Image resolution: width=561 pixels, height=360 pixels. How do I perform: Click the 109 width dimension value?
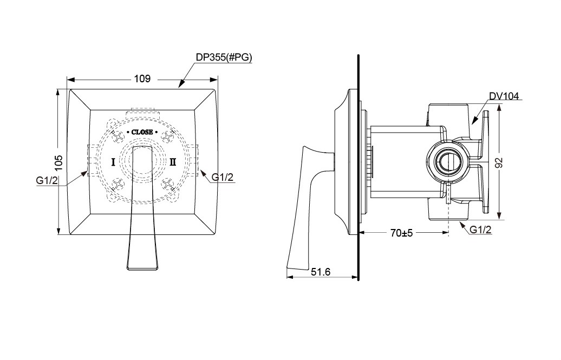142,78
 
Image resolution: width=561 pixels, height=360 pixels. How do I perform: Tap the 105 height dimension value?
60,162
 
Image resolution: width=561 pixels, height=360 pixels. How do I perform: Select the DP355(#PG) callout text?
224,57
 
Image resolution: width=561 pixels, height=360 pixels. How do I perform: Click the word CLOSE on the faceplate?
142,132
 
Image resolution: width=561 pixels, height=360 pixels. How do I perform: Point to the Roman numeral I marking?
113,162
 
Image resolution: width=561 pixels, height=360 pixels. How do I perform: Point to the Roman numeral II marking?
173,162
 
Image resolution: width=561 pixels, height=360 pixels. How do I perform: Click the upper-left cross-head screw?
118,136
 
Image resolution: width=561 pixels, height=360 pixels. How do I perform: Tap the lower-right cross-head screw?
167,184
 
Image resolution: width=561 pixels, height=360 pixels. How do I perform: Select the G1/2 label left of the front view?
47,180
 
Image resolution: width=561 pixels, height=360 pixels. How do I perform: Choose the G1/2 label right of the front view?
223,177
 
